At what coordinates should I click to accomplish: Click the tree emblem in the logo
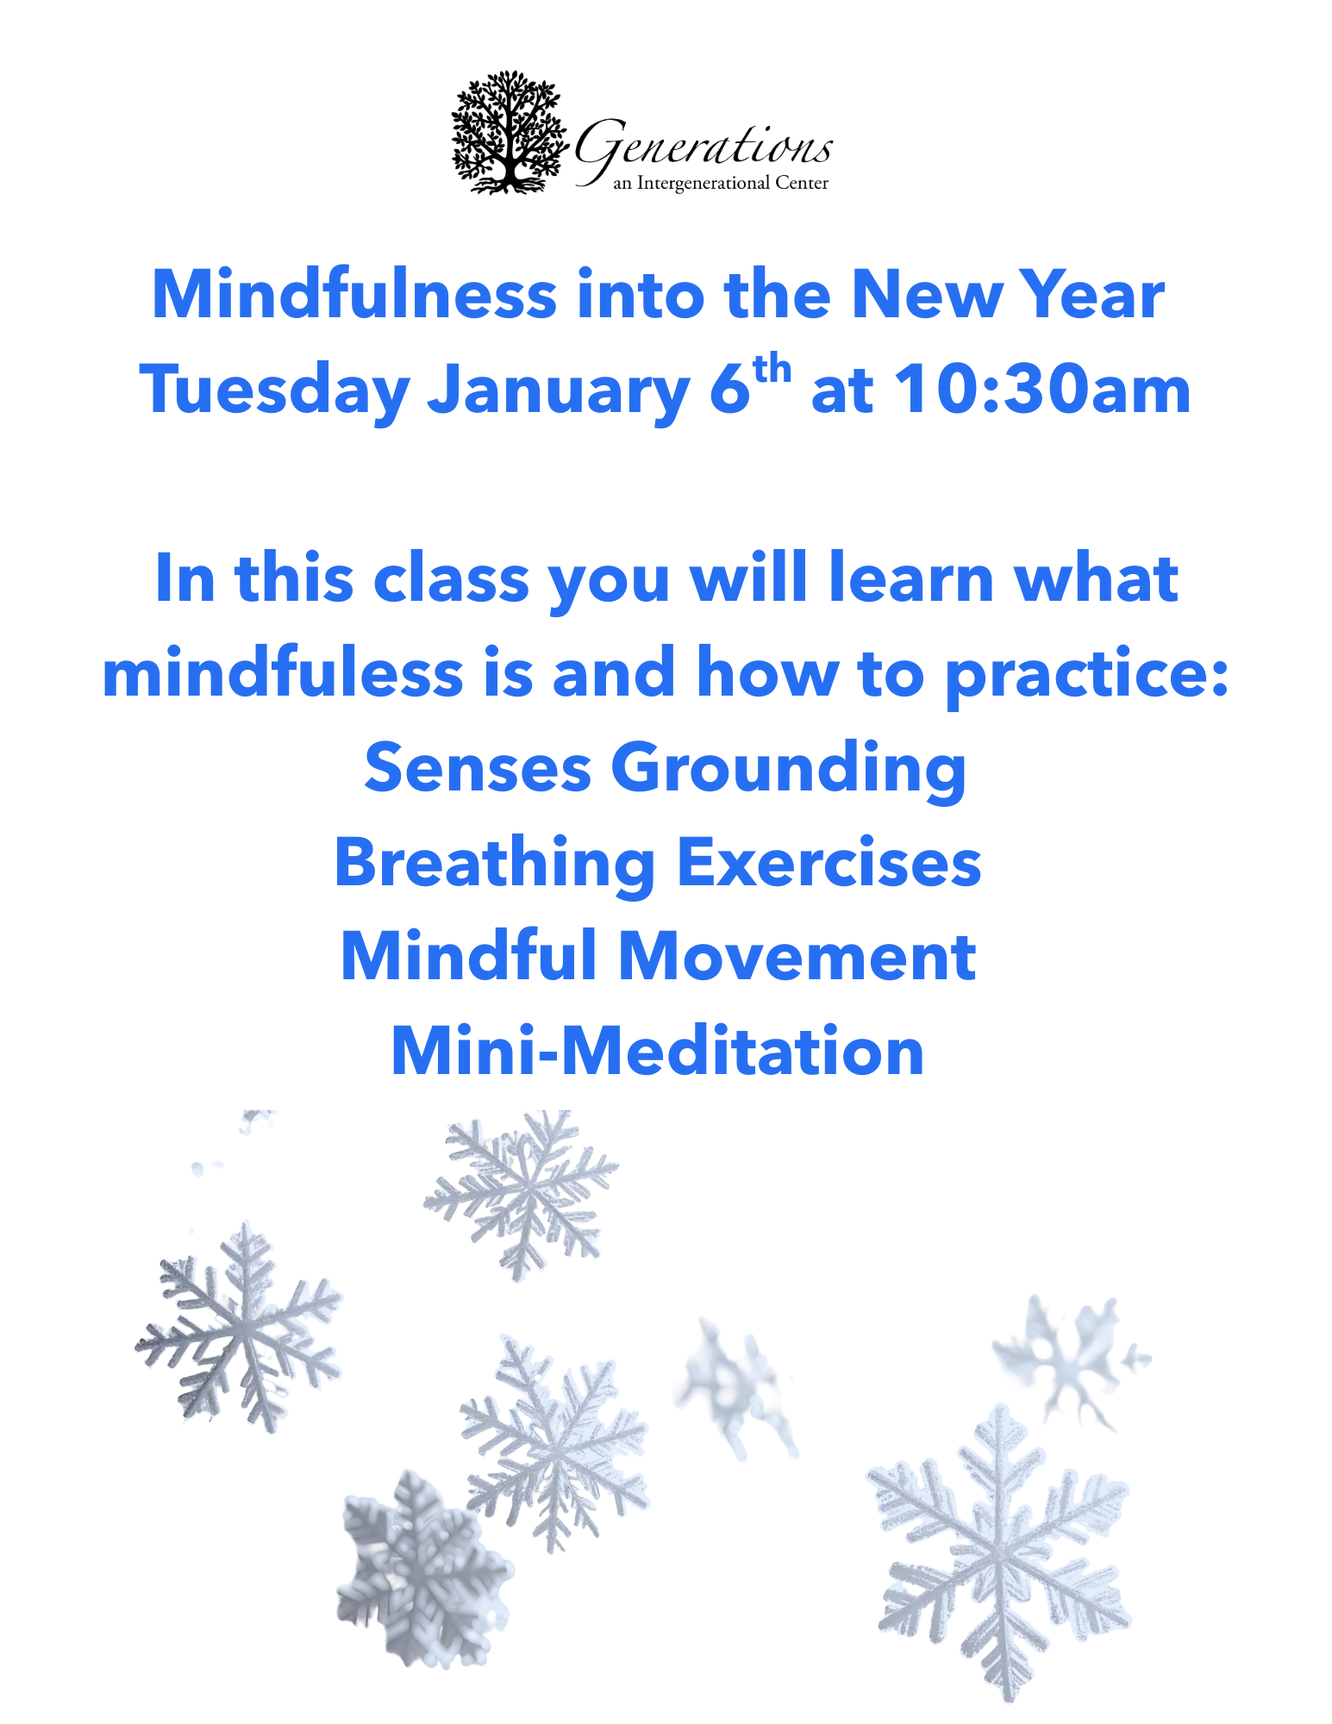(510, 132)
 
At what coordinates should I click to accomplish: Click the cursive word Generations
(703, 148)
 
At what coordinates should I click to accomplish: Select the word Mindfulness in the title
(354, 295)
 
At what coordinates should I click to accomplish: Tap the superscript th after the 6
(772, 370)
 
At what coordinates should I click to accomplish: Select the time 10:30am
(1042, 390)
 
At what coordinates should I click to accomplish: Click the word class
(451, 578)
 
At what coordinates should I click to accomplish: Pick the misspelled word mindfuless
(283, 673)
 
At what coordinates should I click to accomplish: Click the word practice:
(1086, 677)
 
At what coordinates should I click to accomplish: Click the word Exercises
(829, 863)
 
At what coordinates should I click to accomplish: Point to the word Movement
(797, 957)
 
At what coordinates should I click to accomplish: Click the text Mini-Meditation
(658, 1052)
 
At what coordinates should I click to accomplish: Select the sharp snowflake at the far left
(239, 1328)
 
